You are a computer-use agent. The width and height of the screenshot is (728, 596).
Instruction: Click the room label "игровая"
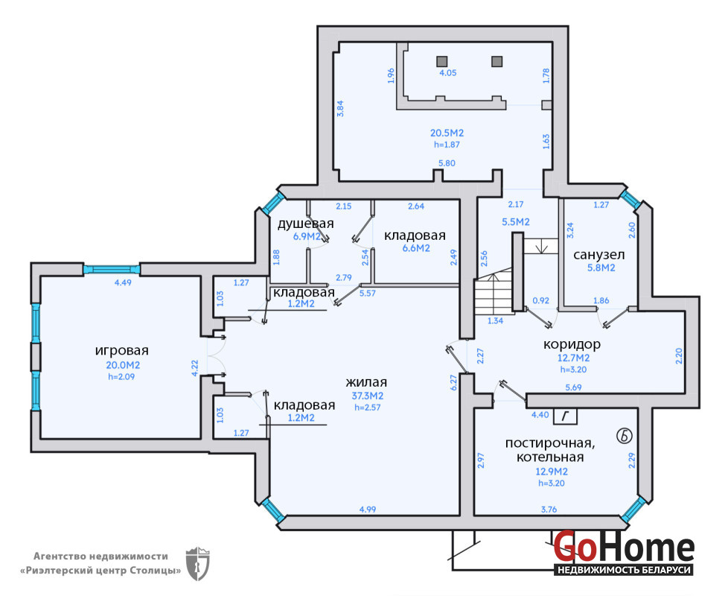coord(121,350)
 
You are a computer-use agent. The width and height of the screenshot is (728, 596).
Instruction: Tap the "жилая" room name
coord(366,382)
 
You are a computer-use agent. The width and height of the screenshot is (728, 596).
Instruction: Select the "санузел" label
coord(599,255)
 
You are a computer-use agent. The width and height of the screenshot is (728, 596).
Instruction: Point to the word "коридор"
coord(572,344)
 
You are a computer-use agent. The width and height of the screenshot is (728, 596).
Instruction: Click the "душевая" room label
coord(305,223)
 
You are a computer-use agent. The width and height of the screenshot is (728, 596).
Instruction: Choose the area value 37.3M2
coord(367,396)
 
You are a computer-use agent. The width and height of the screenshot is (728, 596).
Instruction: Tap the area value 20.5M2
coord(447,133)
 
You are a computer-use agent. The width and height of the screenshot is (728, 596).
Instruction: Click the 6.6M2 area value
coord(416,248)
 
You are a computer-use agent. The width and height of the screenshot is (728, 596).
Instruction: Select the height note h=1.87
coord(447,145)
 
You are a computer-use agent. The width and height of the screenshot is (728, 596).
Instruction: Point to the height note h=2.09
coord(121,377)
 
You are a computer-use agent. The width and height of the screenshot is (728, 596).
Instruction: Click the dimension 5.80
coord(447,163)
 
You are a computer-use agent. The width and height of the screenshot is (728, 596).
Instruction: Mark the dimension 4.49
coord(123,282)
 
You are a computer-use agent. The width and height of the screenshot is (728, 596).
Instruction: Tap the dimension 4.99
coord(368,510)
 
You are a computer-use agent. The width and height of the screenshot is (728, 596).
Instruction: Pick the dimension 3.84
coord(340,108)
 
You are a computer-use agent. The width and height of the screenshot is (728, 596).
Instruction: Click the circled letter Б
coord(625,436)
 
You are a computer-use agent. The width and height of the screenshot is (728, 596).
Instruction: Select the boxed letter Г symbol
coord(565,416)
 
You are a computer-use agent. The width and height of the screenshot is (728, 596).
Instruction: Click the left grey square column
coord(441,61)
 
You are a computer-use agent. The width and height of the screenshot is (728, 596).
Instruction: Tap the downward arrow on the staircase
coord(541,246)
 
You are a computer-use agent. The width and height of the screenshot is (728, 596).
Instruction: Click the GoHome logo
coord(624,553)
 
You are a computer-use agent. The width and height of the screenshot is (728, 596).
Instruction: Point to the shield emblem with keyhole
coord(197,563)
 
